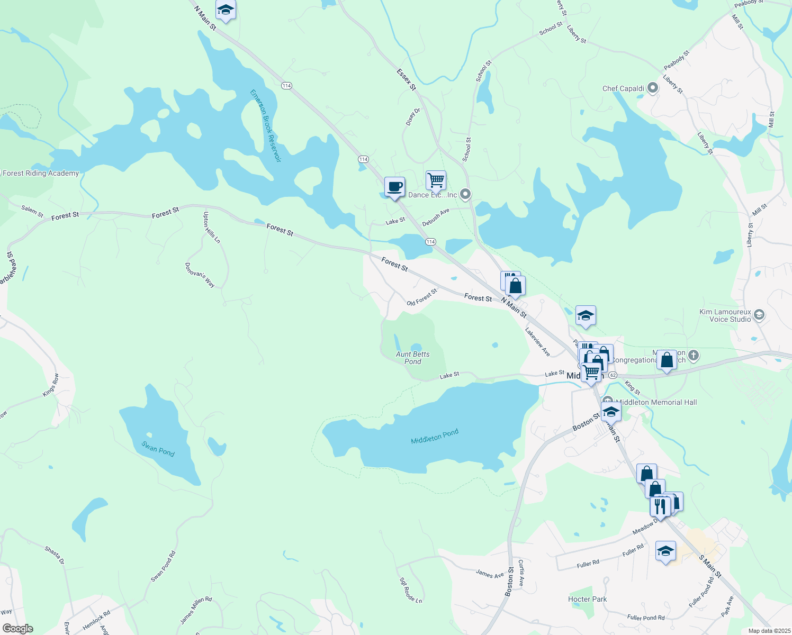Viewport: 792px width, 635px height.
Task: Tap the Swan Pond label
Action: click(x=158, y=449)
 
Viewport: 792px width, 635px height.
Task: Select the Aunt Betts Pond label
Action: click(x=413, y=358)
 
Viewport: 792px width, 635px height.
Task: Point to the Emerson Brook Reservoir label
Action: click(x=265, y=125)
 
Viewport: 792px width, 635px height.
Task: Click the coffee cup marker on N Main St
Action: click(x=394, y=187)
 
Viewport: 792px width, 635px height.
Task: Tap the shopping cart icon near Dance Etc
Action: click(x=436, y=180)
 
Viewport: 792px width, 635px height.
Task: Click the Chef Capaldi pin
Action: click(x=652, y=88)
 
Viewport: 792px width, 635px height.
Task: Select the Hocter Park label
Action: click(x=588, y=599)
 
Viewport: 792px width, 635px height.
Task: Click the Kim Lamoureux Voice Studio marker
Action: click(x=759, y=315)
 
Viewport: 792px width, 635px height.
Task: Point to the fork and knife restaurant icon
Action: click(x=660, y=506)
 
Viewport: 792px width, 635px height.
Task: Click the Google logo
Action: click(x=18, y=628)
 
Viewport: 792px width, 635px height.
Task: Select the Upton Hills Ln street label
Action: click(x=212, y=228)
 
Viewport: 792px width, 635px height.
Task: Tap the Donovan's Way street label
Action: click(x=200, y=275)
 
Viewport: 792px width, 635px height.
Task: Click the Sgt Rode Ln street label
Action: click(x=410, y=590)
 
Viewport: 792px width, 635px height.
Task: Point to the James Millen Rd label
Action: click(x=196, y=610)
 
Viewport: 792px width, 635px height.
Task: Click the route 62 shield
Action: click(x=613, y=375)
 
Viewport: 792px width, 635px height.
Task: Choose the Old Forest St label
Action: click(x=422, y=297)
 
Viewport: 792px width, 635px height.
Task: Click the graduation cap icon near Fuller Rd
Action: click(x=665, y=551)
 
